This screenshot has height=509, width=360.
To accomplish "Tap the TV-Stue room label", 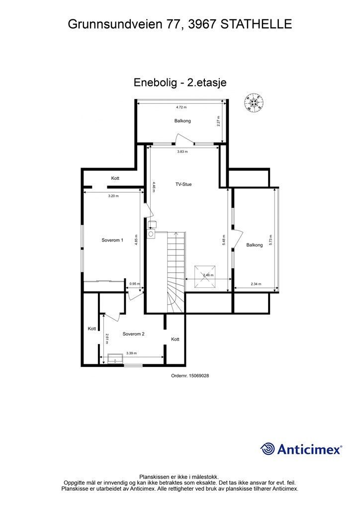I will (x=183, y=184).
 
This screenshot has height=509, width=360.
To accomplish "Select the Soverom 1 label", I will (x=112, y=240).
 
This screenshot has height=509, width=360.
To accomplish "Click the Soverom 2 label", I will (x=133, y=334).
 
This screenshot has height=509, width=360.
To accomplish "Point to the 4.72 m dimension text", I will (x=181, y=107).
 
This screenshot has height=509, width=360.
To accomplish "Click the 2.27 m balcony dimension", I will (x=218, y=121).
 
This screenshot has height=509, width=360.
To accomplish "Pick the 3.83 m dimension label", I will (x=182, y=152).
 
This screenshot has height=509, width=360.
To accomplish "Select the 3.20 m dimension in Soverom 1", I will (x=113, y=196).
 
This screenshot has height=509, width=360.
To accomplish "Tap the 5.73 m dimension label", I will (x=271, y=240).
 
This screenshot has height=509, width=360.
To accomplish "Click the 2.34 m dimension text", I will (x=256, y=284).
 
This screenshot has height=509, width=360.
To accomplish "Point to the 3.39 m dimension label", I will (x=131, y=353).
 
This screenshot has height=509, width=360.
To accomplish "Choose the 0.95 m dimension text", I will (x=134, y=284).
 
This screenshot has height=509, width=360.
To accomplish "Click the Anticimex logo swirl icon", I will (x=268, y=449).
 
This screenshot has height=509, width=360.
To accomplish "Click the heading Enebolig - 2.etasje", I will (x=180, y=83).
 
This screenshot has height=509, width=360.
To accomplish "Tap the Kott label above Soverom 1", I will (x=115, y=178).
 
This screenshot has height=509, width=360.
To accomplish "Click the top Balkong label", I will (x=182, y=121).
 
